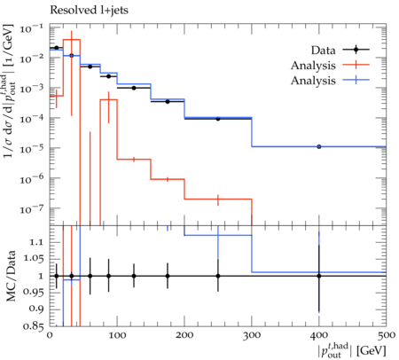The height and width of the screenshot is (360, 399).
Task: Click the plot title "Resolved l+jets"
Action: click(x=89, y=11)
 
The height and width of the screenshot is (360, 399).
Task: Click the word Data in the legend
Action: click(x=324, y=51)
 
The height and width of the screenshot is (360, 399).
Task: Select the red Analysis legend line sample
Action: click(x=356, y=65)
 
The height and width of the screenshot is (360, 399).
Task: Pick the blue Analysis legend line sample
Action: click(x=356, y=80)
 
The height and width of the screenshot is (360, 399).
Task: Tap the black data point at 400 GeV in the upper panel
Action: click(x=319, y=146)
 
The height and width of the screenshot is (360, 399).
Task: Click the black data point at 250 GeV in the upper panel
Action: click(x=218, y=119)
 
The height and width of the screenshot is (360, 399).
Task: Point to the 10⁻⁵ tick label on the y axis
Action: click(x=31, y=148)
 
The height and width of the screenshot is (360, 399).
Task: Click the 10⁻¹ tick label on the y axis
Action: click(x=31, y=29)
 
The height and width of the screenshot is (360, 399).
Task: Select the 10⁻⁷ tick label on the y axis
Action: click(x=31, y=209)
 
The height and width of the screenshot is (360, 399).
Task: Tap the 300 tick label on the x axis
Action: click(x=252, y=335)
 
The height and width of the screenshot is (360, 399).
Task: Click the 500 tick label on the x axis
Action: click(x=387, y=335)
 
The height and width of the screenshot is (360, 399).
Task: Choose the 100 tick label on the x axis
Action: click(x=117, y=335)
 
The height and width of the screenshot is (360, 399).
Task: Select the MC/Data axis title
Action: click(x=11, y=276)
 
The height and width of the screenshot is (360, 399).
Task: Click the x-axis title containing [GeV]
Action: click(x=352, y=350)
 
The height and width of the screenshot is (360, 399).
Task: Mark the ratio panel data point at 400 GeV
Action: click(x=319, y=276)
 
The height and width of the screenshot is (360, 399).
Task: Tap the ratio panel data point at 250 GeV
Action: click(x=218, y=276)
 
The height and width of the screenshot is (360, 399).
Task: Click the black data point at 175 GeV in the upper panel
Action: click(x=168, y=101)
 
